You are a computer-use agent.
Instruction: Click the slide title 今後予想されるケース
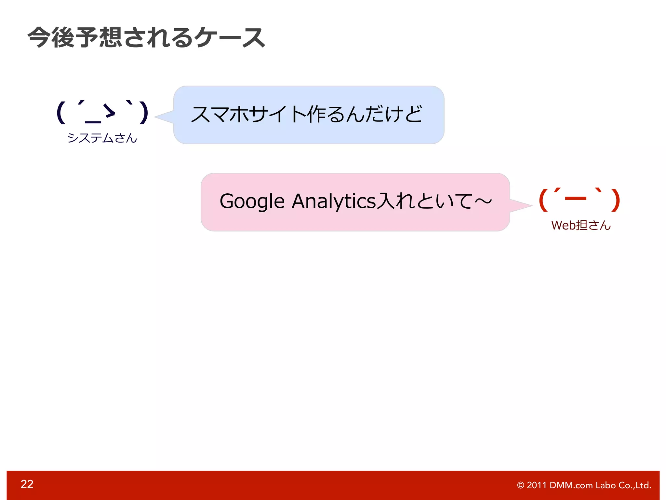tap(146, 37)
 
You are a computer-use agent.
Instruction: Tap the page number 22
tap(27, 484)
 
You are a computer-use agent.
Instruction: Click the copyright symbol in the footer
tap(520, 485)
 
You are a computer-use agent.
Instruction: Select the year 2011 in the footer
tap(537, 485)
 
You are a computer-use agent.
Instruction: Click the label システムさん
tap(102, 138)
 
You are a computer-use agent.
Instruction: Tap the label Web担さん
tap(581, 225)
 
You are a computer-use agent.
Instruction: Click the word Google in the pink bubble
tap(252, 201)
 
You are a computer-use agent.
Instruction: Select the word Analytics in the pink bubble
tap(334, 201)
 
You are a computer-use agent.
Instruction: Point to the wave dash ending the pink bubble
tap(483, 201)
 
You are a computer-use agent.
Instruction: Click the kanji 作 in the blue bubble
tap(316, 114)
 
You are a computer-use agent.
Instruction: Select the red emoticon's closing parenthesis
tap(615, 200)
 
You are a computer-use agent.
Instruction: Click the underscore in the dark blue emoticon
tap(93, 122)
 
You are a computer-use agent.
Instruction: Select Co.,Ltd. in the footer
tap(635, 485)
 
